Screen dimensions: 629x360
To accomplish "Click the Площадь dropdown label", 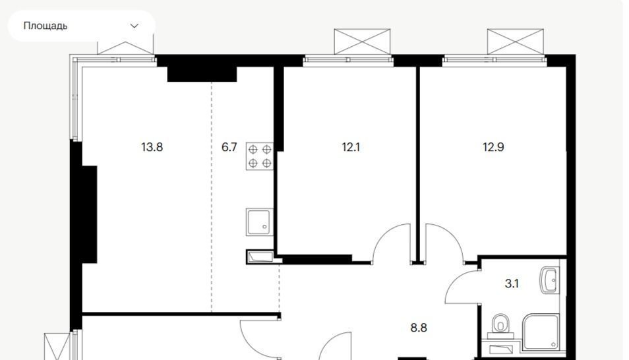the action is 45,26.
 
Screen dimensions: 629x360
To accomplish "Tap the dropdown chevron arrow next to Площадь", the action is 135,26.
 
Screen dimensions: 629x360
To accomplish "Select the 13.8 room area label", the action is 152,147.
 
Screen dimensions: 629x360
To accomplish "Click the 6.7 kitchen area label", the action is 229,147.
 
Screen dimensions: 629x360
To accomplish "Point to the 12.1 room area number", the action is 351,147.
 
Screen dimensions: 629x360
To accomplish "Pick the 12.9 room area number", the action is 493,147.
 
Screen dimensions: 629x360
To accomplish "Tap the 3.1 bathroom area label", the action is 512,284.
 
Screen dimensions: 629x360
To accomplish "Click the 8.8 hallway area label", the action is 419,328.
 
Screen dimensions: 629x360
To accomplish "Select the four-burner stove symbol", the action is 260,156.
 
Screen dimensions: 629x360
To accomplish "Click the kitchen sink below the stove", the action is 260,222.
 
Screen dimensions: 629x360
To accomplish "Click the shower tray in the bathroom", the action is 541,332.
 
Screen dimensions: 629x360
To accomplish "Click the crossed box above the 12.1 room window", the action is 362,42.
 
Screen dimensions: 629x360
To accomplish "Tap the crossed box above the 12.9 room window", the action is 516,42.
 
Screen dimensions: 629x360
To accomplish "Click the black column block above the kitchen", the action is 202,74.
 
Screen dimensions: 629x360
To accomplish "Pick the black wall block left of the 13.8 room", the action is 89,214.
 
